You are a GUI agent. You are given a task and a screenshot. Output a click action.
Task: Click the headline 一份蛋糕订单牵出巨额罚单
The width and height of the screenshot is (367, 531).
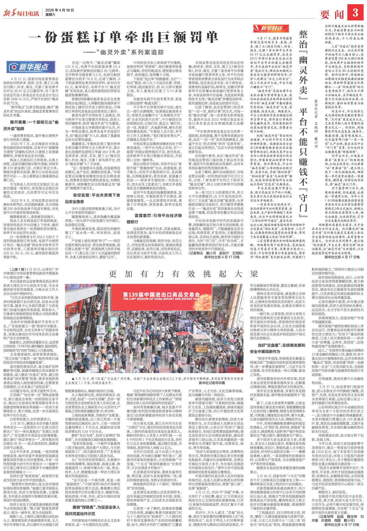[x=123, y=37]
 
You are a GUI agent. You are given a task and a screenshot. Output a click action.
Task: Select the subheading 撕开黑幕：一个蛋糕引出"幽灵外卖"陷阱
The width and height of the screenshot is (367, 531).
[x=34, y=125]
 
